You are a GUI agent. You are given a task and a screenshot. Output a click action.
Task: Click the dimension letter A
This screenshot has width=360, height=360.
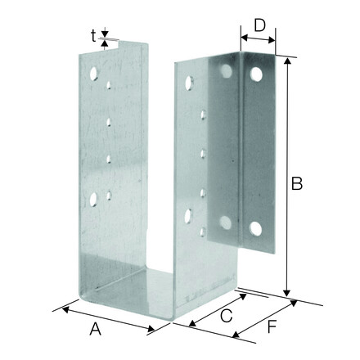[96, 329]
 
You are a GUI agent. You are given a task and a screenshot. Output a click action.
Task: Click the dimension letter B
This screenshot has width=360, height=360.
[297, 183]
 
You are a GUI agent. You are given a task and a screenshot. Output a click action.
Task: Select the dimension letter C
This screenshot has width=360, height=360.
[227, 316]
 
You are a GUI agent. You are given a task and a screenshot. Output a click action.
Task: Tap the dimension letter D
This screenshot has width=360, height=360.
[259, 25]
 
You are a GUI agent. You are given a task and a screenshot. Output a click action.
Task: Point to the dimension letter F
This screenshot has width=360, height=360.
[272, 326]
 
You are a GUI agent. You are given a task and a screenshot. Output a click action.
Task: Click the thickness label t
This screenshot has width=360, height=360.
[93, 36]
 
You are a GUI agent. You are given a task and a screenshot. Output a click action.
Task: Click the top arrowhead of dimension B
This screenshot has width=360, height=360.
[287, 61]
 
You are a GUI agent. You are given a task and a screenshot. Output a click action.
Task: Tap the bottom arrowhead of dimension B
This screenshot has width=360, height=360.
[286, 294]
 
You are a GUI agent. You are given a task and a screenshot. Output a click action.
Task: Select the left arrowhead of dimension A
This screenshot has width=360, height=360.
[65, 309]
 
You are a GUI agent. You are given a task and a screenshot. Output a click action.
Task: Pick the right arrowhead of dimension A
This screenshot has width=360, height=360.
[151, 329]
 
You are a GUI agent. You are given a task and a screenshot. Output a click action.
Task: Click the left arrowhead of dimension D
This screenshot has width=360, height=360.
[244, 37]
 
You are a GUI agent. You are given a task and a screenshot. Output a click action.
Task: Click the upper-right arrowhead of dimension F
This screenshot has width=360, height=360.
[293, 303]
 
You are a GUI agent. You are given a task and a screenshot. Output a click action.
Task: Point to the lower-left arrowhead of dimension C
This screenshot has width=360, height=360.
[192, 323]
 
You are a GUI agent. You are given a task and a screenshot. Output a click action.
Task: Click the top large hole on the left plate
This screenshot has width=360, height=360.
[93, 74]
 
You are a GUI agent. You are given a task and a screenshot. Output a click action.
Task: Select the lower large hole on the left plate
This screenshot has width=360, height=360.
[93, 199]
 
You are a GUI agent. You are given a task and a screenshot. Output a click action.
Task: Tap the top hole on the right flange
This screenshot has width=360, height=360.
[256, 74]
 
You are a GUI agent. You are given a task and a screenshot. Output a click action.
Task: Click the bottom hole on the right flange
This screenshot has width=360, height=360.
[255, 228]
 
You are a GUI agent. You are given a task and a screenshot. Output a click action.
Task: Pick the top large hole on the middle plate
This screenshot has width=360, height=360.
[189, 83]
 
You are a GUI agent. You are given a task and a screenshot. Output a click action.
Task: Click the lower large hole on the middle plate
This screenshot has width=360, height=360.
[188, 216]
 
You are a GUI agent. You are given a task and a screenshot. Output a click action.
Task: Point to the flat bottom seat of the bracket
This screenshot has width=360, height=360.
[137, 293]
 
